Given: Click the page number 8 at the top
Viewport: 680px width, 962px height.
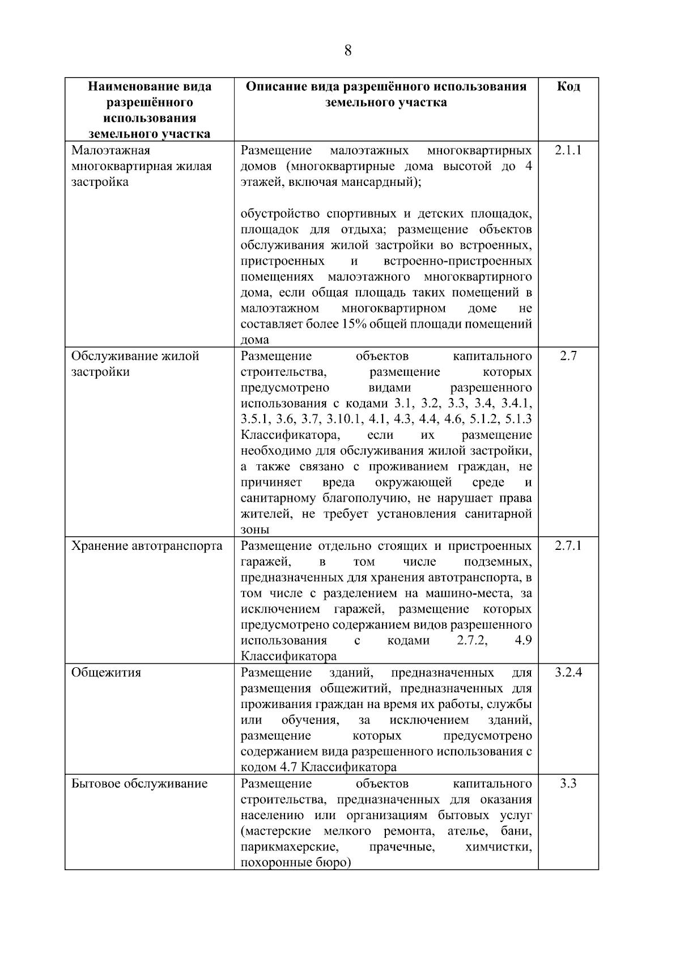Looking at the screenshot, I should point(347,51).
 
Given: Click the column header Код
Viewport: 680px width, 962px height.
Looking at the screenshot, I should point(568,87).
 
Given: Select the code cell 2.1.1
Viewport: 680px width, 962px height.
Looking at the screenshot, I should point(568,151).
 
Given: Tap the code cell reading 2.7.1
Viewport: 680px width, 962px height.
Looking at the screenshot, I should point(568,546).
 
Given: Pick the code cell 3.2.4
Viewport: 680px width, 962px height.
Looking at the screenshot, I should point(568,673).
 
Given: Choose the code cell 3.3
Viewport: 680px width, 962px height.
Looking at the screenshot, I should point(568,784).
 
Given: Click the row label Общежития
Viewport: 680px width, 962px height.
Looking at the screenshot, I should point(106,673).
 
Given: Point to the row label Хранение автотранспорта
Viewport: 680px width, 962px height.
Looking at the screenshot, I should point(147,546).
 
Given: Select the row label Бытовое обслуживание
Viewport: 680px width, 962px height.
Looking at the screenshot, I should point(139,784).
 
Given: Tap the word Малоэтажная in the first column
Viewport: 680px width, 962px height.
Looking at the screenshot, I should point(110,151).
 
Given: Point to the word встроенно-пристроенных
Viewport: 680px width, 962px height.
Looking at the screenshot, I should point(457,261).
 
